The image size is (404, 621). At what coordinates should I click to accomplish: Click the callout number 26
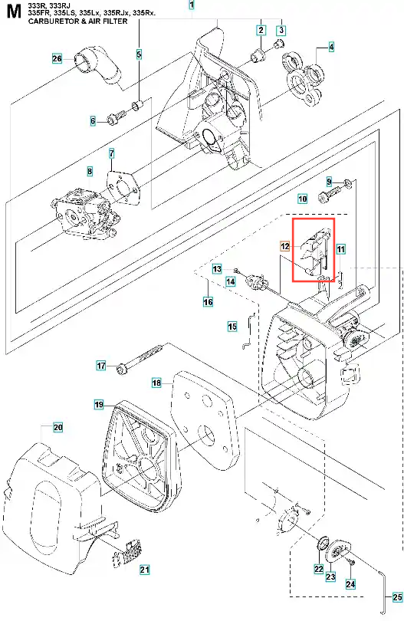coord(57,59)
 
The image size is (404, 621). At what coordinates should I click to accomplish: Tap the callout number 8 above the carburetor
coord(90,172)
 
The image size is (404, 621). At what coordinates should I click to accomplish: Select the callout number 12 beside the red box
coord(284,246)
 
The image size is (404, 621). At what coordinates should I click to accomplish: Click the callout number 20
coord(57,427)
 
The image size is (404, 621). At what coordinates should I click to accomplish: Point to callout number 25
coord(397,596)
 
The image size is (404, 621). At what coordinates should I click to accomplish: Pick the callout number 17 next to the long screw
coord(101,365)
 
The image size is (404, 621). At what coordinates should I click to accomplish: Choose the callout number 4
coord(331,47)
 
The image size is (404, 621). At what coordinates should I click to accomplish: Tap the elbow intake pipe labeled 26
coord(97,67)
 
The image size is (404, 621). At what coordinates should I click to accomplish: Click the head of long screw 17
coord(120,370)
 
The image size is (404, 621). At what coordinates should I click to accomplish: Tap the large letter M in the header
coord(14,13)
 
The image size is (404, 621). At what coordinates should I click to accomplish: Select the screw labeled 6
coord(117,117)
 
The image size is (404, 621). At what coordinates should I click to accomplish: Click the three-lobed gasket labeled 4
coord(304,78)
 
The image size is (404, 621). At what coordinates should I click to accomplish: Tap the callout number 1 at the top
coord(192,5)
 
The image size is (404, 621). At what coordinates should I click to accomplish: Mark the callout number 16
coord(208,302)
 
